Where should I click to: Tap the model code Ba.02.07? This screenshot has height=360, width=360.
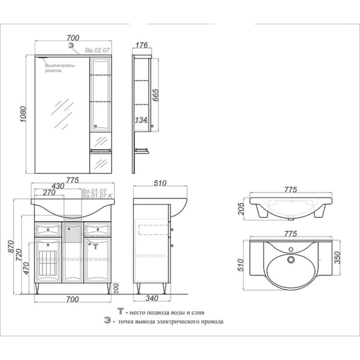click(97, 50)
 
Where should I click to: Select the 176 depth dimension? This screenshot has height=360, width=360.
click(142, 45)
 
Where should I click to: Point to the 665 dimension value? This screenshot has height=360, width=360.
click(155, 95)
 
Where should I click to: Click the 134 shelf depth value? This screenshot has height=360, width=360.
click(141, 120)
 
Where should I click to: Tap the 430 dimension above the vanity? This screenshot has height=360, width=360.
click(58, 186)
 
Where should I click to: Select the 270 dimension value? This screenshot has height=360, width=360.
click(49, 192)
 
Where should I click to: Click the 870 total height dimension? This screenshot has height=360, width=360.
click(11, 247)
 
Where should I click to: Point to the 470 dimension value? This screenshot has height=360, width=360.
click(26, 268)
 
